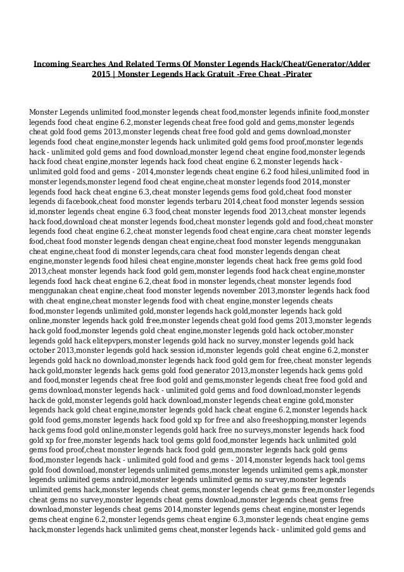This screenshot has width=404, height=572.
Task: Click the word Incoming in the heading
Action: click(51, 65)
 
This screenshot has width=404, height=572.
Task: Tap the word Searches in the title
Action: click(91, 65)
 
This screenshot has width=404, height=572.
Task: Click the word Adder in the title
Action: click(358, 65)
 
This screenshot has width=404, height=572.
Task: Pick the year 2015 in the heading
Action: click(103, 75)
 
